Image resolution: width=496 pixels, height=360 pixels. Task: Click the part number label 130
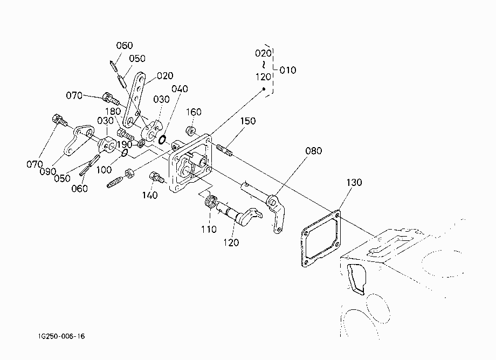pyautogui.click(x=354, y=182)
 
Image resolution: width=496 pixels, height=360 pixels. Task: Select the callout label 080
pyautogui.click(x=313, y=151)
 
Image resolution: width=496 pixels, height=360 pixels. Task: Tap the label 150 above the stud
pyautogui.click(x=247, y=121)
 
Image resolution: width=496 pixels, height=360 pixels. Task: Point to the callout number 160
pyautogui.click(x=194, y=112)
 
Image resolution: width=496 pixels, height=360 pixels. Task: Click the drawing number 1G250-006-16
pyautogui.click(x=61, y=336)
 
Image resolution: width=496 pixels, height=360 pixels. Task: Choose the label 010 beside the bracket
pyautogui.click(x=287, y=70)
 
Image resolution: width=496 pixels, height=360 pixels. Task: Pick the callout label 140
pyautogui.click(x=150, y=195)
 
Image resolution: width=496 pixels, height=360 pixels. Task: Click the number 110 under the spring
pyautogui.click(x=209, y=229)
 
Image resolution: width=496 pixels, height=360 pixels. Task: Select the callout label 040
pyautogui.click(x=180, y=89)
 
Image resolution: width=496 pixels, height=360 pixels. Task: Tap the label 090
pyautogui.click(x=48, y=171)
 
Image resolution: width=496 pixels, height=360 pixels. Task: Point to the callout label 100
pyautogui.click(x=104, y=170)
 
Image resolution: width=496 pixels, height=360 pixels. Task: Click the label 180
pyautogui.click(x=113, y=111)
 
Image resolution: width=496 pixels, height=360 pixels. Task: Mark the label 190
pyautogui.click(x=125, y=144)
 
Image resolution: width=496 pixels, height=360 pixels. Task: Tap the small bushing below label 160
pyautogui.click(x=190, y=130)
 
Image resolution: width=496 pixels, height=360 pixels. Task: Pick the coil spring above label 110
pyautogui.click(x=211, y=201)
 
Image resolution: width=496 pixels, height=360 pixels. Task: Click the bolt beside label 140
pyautogui.click(x=156, y=177)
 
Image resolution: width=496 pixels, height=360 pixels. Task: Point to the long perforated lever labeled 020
pyautogui.click(x=135, y=100)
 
